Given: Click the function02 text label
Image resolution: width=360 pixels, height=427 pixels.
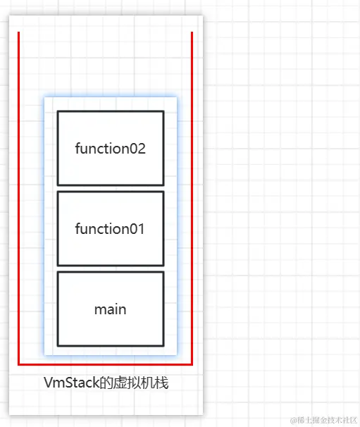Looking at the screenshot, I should click(110, 149).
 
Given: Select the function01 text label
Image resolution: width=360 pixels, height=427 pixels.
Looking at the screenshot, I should click(110, 229).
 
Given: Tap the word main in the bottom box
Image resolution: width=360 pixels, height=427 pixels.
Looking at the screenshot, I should click(110, 309).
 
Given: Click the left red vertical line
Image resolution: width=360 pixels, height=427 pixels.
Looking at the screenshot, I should click(18, 197).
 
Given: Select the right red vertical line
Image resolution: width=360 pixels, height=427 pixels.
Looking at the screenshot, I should click(192, 197).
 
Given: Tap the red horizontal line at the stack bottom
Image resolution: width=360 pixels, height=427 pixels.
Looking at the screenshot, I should click(106, 365).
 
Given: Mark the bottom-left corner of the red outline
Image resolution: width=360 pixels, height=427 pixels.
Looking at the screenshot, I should click(19, 365).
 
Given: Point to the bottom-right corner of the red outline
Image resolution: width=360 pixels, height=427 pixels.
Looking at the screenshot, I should click(192, 365).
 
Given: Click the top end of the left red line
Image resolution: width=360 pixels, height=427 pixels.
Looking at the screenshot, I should click(18, 32).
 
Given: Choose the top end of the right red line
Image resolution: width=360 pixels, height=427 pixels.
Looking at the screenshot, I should click(192, 32).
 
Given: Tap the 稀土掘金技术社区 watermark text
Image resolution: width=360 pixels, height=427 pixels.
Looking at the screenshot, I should click(328, 419).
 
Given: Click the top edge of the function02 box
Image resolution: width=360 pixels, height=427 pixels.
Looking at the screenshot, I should click(110, 111).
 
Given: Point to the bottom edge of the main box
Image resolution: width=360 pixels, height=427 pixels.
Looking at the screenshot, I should click(110, 346).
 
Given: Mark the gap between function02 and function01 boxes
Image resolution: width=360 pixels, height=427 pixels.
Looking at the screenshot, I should click(110, 189).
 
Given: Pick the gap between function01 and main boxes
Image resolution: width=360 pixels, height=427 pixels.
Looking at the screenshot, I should click(110, 269).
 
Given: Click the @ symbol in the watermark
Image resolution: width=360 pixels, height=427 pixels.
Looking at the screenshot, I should click(294, 419).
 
